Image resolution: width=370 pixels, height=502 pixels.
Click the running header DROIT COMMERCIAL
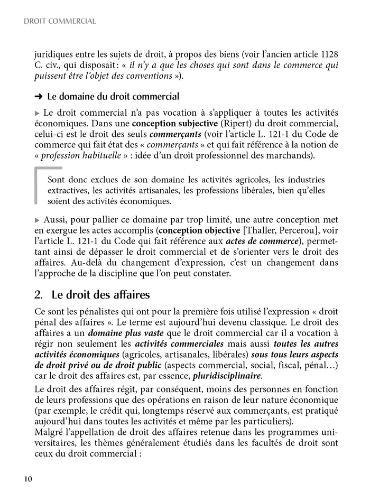point(60,22)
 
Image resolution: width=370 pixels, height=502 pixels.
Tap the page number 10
point(28,479)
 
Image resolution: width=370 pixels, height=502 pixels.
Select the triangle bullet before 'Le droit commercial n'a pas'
point(36,114)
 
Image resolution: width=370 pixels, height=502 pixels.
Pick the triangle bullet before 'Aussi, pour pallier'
point(36,219)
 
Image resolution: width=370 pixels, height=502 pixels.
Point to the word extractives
point(70,191)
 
